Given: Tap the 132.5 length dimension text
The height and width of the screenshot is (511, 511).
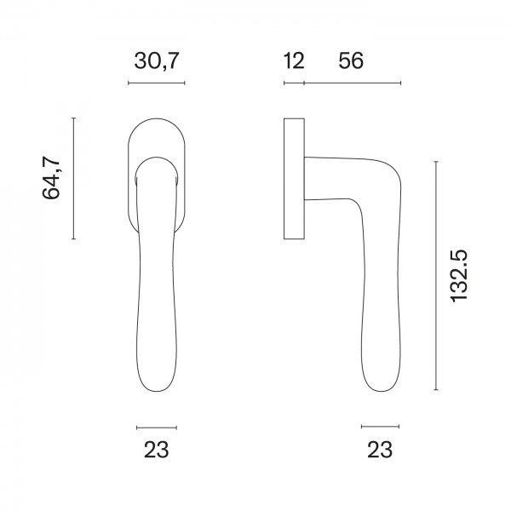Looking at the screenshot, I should coord(459,276).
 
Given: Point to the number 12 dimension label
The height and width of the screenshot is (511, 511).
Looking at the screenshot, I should coord(295,61).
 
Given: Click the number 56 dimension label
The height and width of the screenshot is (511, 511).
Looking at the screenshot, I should coord(351,61).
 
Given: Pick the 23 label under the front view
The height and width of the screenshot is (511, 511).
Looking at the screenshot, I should coord(156,450).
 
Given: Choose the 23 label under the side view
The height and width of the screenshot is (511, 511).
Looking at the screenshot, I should coord(380,450).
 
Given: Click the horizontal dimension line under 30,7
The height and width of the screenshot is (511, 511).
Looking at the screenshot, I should coord(156,83).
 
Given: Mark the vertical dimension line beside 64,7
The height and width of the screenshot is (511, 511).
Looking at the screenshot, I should coord(74,179).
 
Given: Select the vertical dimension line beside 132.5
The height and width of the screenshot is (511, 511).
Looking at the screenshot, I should coord(436,276).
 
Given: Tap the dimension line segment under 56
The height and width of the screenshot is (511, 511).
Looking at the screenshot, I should coord(352,83).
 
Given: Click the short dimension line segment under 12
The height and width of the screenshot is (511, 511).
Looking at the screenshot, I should coord(294,83).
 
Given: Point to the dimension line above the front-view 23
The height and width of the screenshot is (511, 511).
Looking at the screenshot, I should coord(156,426).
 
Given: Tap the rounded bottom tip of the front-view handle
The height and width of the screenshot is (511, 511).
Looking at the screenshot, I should coord(156,390).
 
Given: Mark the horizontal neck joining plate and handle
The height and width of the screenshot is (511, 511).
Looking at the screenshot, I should coord(328,177).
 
